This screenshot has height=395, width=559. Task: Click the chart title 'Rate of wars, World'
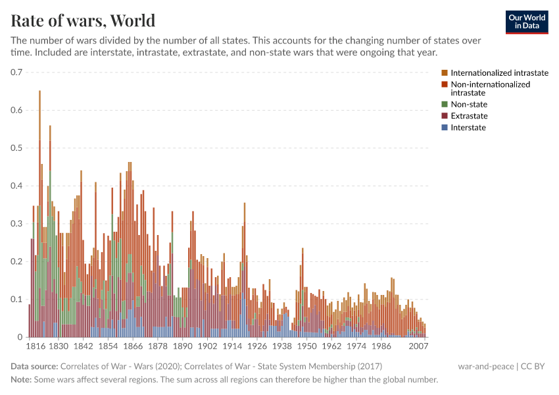[84, 20]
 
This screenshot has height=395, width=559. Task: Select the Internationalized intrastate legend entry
[499, 73]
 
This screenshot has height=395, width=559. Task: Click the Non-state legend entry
[469, 104]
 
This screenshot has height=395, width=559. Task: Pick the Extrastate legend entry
[469, 116]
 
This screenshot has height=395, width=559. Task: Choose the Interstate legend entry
[468, 128]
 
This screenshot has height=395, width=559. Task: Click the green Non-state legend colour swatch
[445, 104]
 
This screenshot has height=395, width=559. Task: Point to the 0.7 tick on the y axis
[16, 72]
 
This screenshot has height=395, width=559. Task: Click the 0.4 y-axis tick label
[16, 186]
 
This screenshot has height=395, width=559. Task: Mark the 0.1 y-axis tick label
[16, 300]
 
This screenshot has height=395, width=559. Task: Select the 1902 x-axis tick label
[207, 346]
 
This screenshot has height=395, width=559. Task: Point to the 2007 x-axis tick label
[418, 346]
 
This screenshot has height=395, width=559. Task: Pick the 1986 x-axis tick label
[381, 346]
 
